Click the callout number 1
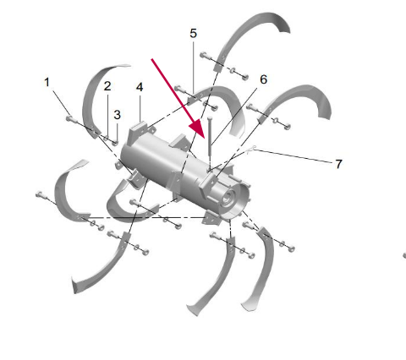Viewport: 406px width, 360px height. tap(47, 82)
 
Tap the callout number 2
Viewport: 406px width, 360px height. tap(107, 86)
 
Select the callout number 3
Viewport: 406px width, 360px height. tap(117, 115)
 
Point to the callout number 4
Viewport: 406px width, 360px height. tap(140, 87)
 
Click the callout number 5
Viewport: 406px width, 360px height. tap(193, 34)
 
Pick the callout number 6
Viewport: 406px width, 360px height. tap(263, 79)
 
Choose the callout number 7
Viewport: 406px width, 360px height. tap(338, 164)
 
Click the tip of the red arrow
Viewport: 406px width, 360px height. tap(205, 139)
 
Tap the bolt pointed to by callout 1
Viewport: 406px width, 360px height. tap(72, 120)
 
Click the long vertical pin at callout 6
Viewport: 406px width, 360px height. tap(210, 137)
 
